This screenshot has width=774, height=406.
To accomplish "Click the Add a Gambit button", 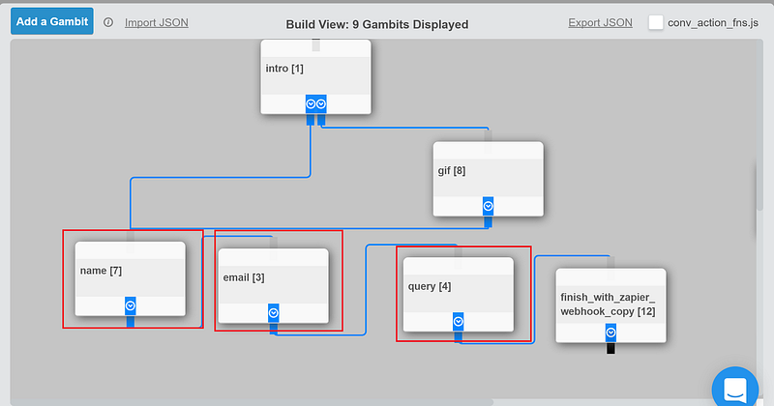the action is tap(52, 21).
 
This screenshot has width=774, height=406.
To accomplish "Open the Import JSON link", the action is tap(157, 22).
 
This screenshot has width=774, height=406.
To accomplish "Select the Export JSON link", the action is tap(600, 22).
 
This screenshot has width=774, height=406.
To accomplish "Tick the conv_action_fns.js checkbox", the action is tap(656, 22).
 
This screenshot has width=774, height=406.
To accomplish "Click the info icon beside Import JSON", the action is tap(108, 22).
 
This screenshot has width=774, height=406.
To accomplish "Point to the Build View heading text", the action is tap(377, 24).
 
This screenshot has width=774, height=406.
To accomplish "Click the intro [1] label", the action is tap(284, 69).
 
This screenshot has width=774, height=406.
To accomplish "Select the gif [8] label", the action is tap(452, 171).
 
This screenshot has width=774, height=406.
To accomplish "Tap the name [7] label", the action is tap(101, 271).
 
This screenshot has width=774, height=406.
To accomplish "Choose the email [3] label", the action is tap(244, 277).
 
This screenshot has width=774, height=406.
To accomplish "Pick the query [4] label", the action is tap(430, 287).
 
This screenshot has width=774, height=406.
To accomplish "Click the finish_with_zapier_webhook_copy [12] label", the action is tap(609, 304).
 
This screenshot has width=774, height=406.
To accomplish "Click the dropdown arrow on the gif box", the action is tap(489, 206).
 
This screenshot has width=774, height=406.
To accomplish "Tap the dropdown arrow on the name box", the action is tap(131, 305).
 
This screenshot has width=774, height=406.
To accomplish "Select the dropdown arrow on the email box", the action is tap(274, 313).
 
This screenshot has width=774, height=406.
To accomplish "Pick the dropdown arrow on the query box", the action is tap(458, 322).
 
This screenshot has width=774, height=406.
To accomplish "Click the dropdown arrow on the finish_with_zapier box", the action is tap(610, 333).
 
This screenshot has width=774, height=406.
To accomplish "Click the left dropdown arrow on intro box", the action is tap(311, 103).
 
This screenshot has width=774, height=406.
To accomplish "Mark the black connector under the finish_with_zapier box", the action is tap(610, 348).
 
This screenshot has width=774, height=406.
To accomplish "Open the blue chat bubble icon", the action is tap(735, 388).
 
